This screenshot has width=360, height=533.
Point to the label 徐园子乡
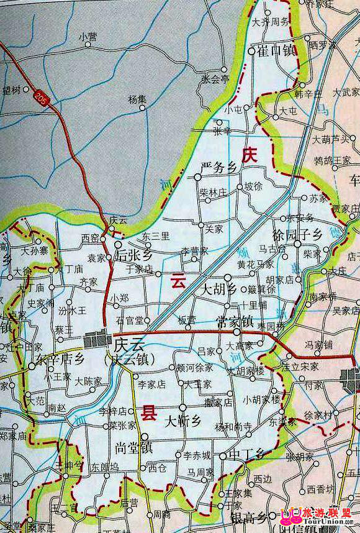click(x=297, y=235)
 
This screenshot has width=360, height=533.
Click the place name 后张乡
click(x=137, y=255)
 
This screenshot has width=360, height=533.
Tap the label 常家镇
click(x=235, y=322)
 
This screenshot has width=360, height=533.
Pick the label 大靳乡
click(x=184, y=421)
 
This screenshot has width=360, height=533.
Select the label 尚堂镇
click(x=134, y=447)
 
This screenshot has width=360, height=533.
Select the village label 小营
click(x=88, y=37)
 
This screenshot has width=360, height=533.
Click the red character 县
click(x=150, y=412)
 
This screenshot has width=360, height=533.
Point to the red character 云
click(x=179, y=281)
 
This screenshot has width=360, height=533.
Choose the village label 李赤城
click(x=197, y=455)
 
